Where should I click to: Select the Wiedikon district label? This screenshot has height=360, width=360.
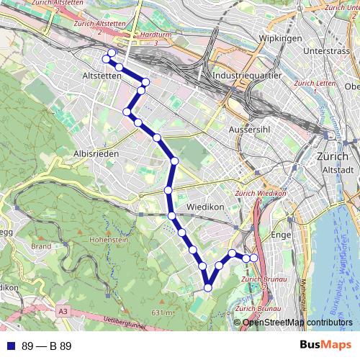[x=206, y=207]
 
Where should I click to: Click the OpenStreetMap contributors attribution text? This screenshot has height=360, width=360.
[x=296, y=323]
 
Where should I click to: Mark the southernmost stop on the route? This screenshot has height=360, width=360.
[x=208, y=288]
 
